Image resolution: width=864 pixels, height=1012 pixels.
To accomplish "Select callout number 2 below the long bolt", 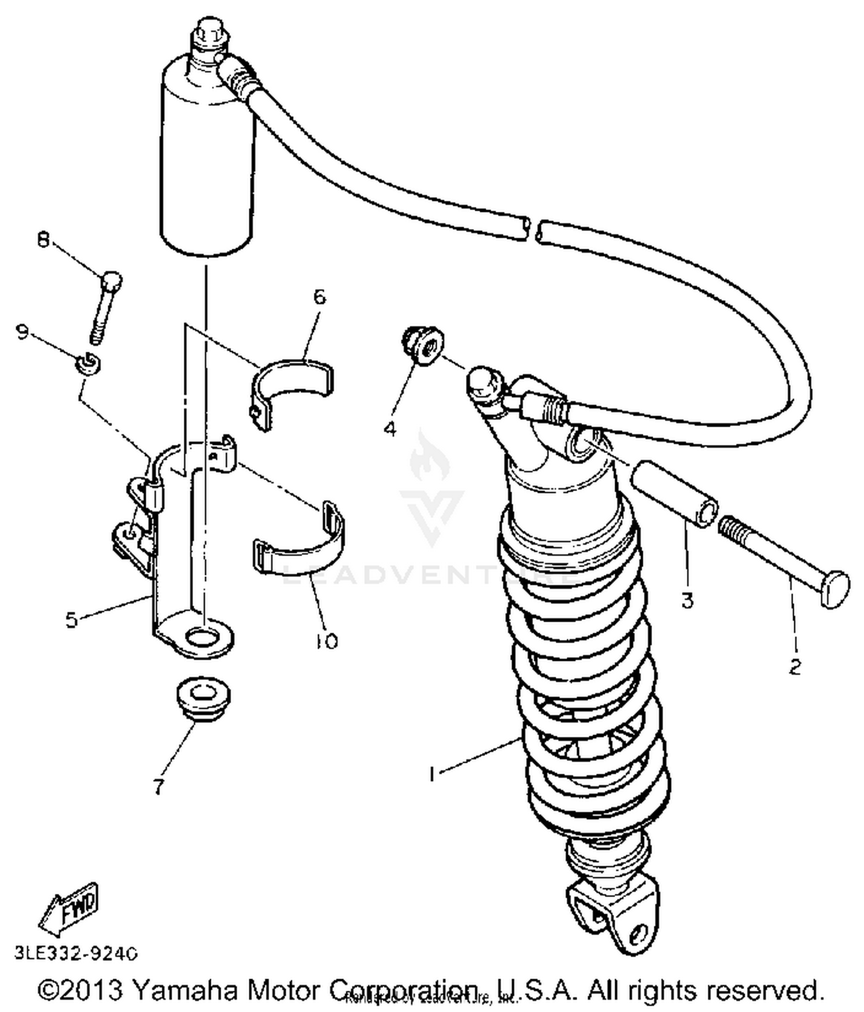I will [x=795, y=667].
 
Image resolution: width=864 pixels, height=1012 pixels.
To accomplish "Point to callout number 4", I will [x=391, y=429].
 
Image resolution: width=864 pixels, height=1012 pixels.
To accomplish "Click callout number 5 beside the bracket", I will [x=71, y=620].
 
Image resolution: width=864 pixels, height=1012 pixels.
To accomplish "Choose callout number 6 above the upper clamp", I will [x=320, y=297].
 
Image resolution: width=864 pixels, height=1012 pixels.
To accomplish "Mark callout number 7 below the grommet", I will [x=158, y=787].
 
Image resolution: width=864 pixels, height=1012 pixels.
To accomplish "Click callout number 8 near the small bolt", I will [x=44, y=239].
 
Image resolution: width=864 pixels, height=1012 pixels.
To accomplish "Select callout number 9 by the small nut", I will [x=22, y=332].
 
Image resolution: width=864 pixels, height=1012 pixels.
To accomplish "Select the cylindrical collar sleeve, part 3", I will [x=674, y=494].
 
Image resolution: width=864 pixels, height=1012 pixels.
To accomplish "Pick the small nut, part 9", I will [x=89, y=363].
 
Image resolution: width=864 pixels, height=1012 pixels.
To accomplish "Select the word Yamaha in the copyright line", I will [x=184, y=990].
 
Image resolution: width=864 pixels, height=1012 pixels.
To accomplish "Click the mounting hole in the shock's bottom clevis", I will [x=637, y=932].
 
